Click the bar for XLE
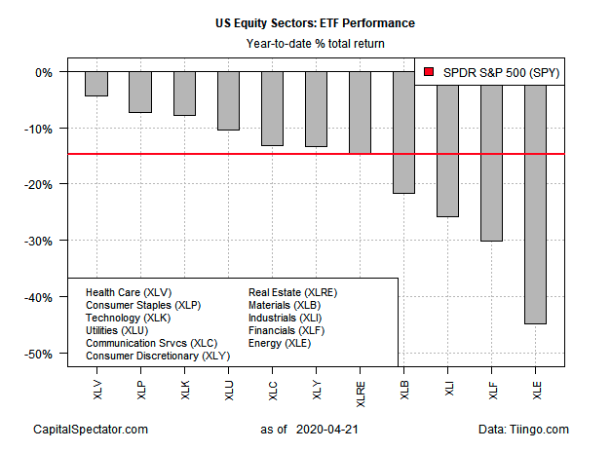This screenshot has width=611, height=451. click(535, 205)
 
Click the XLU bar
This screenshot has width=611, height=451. click(228, 101)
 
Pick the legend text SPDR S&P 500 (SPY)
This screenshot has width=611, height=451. click(497, 71)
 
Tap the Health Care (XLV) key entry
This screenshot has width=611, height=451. click(127, 292)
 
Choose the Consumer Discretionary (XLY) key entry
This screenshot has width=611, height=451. click(156, 356)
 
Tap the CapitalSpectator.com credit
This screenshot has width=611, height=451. click(90, 429)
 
